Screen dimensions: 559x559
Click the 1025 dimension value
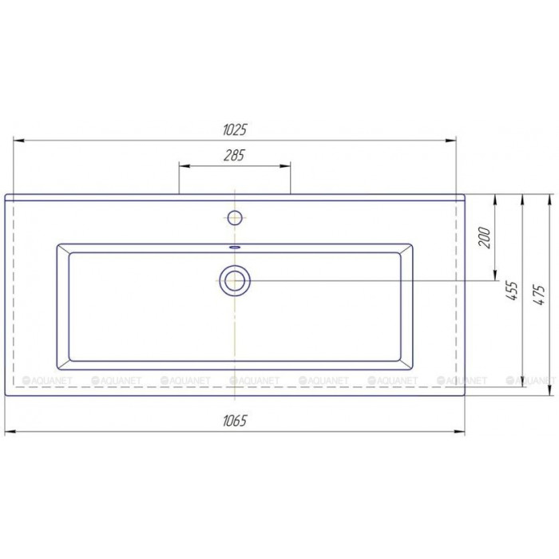tap(235, 129)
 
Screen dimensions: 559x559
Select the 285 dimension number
tap(234, 156)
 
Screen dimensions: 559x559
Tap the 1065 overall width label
tap(235, 421)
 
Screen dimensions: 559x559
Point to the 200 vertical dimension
tap(485, 237)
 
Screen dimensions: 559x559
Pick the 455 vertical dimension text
tap(512, 291)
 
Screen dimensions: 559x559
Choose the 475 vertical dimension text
tap(540, 295)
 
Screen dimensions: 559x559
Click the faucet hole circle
tap(235, 218)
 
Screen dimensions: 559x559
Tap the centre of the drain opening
tap(235, 281)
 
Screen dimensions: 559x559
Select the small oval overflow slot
tap(235, 247)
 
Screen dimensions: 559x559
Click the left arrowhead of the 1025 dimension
tap(18, 141)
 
